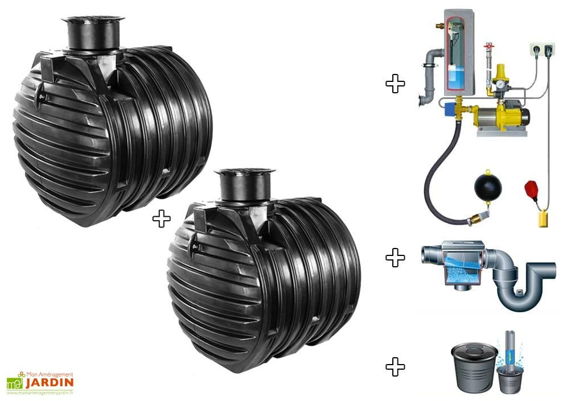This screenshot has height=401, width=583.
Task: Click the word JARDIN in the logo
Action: [x=50, y=382]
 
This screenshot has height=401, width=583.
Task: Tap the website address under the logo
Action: [x=40, y=392]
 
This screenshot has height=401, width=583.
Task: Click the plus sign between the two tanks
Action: [x=161, y=218]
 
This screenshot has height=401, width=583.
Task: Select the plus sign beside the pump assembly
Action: [x=395, y=84]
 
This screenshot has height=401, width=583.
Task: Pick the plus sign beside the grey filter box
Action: [x=395, y=258]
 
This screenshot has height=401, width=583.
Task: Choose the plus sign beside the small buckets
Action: [x=395, y=367]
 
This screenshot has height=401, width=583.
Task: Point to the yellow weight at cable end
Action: [x=544, y=218]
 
